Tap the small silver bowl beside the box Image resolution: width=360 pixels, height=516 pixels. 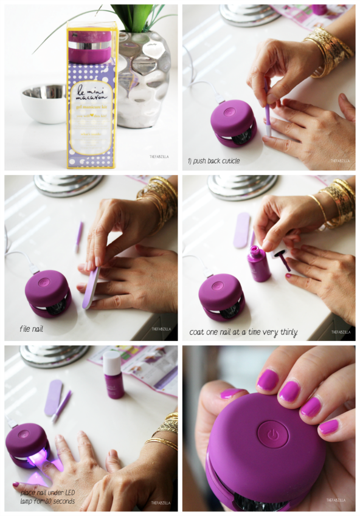(x=43, y=102)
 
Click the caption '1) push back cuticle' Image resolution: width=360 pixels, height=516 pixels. (x=214, y=161)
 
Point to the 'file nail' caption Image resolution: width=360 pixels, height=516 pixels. (x=32, y=329)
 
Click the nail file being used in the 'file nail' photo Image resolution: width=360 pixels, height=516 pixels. (x=92, y=289)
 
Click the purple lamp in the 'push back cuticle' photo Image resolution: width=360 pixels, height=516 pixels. (x=233, y=123)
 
